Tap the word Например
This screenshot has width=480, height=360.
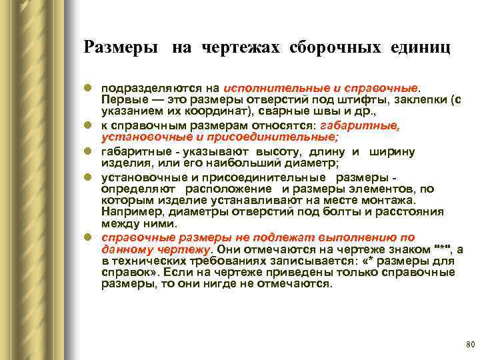coord(131,211)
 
